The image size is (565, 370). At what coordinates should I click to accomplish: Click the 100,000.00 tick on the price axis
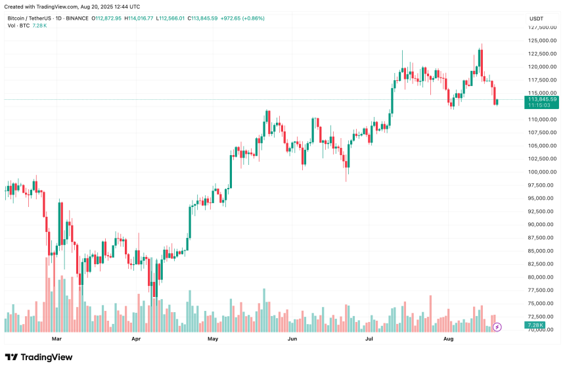click(543, 172)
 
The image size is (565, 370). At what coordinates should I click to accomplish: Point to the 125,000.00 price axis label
click(543, 41)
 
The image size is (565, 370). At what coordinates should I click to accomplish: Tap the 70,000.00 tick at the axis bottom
click(543, 329)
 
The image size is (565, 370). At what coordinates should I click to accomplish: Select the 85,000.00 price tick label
click(543, 250)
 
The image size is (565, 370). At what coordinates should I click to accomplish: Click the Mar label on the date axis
click(56, 339)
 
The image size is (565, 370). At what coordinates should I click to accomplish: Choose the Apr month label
click(136, 339)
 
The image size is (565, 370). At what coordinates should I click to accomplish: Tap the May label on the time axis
click(213, 339)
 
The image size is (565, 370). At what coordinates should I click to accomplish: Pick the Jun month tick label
click(292, 339)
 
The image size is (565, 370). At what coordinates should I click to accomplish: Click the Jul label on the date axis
click(369, 339)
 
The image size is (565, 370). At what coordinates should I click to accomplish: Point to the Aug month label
click(449, 339)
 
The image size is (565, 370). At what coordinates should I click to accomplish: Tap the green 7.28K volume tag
click(535, 325)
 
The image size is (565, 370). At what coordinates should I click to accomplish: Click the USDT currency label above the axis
click(537, 18)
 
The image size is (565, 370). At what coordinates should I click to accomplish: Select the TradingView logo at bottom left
click(39, 357)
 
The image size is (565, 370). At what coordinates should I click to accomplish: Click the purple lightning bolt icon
click(497, 326)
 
